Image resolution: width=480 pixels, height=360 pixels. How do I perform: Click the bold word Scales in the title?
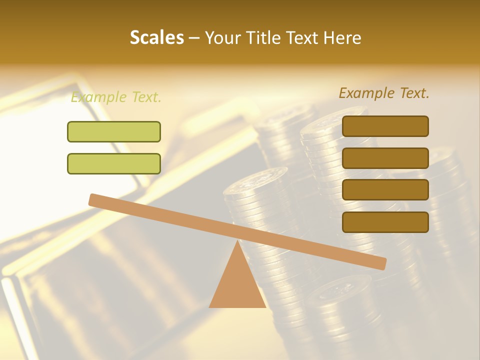[x=156, y=37]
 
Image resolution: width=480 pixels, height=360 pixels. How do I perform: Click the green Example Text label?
[x=116, y=97]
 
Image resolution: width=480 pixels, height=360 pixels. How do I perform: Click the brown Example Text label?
[x=384, y=93]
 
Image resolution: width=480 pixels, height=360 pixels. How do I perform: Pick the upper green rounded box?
[x=114, y=131]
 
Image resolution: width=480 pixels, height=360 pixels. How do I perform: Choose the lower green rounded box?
[x=114, y=163]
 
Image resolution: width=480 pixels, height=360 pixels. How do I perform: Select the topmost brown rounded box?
[x=385, y=126]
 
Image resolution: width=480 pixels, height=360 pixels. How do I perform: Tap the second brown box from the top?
[x=385, y=158]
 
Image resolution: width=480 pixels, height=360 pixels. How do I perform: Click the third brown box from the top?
[x=385, y=189]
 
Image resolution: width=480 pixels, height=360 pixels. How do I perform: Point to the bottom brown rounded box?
[x=385, y=222]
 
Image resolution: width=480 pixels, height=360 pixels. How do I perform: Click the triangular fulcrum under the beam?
[x=237, y=285]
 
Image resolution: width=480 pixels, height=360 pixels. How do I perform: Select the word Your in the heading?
[x=223, y=37]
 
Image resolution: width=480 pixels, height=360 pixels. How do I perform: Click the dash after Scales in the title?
[x=194, y=38]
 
